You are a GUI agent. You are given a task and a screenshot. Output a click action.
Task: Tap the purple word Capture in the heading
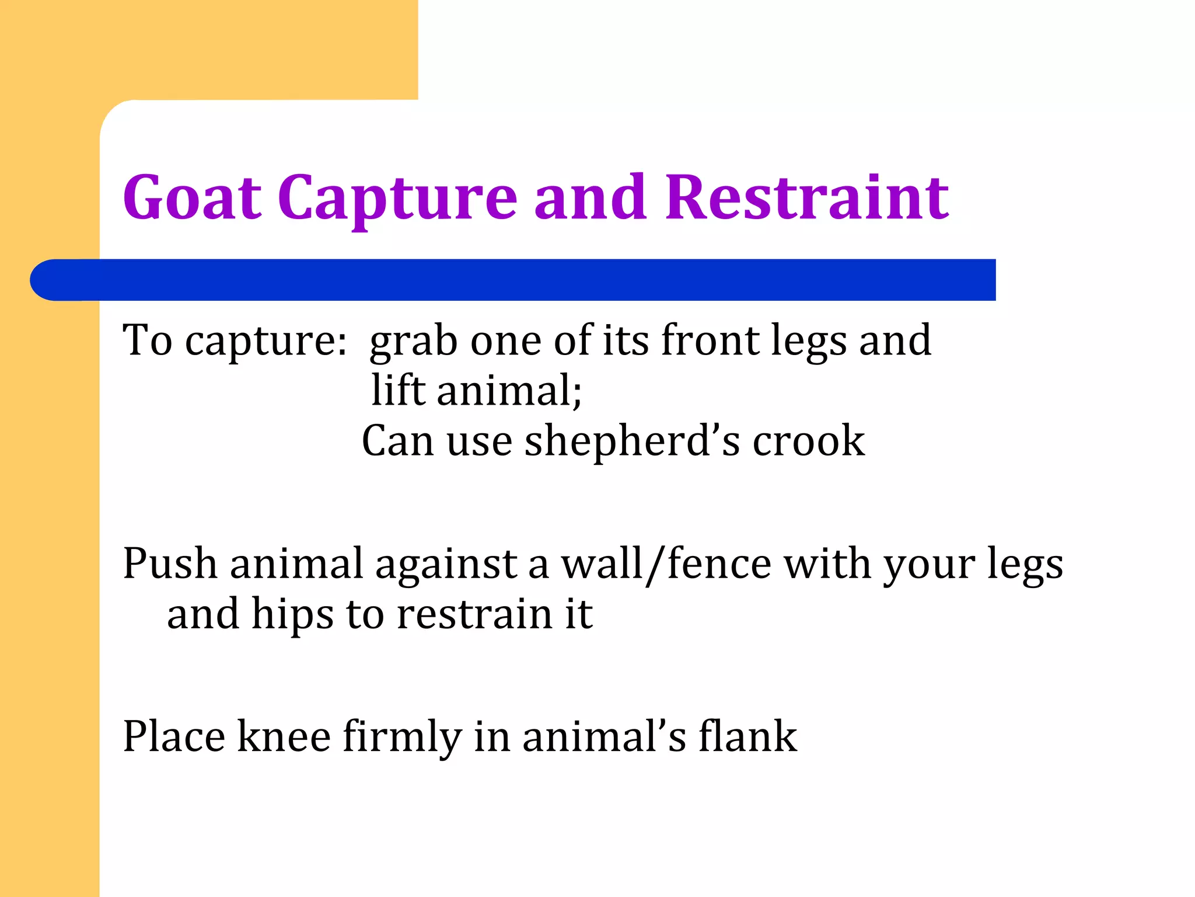click(397, 199)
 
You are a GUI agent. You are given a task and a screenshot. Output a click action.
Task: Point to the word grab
click(413, 341)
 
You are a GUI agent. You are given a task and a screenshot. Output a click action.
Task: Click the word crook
click(808, 441)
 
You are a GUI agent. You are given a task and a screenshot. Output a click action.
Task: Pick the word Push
click(170, 564)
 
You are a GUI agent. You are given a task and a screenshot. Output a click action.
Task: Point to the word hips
click(292, 615)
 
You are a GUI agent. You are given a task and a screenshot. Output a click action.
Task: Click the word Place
click(174, 736)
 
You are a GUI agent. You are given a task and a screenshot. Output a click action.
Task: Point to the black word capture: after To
click(266, 341)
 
